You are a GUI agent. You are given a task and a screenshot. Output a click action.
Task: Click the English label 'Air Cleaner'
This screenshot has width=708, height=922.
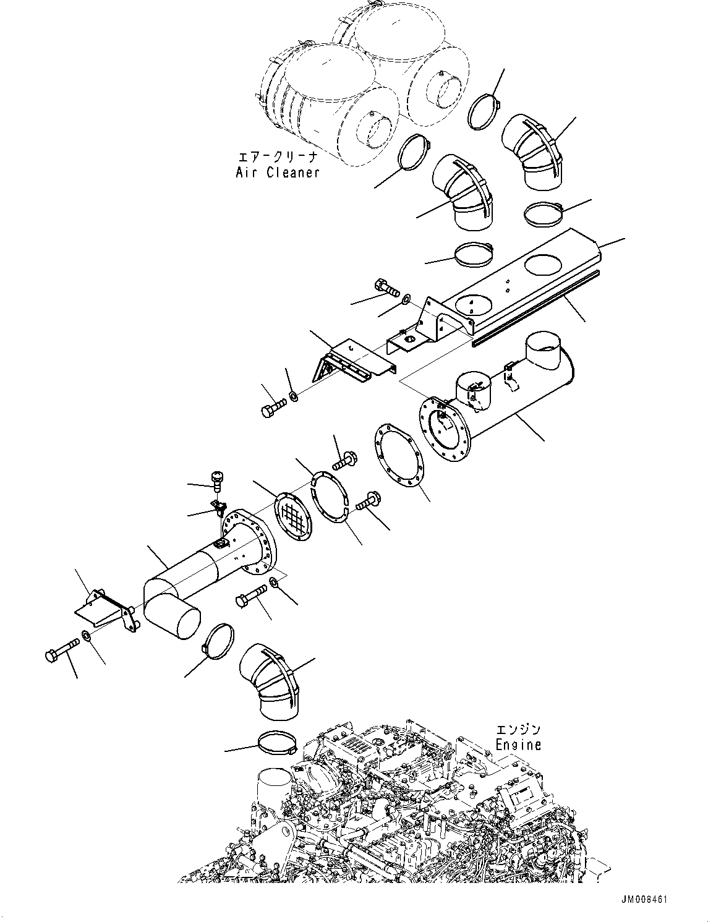[278, 173]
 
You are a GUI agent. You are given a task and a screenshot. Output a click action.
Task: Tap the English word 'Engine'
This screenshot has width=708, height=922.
[518, 745]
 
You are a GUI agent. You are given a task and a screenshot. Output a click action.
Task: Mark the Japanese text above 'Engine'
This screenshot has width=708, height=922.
[518, 730]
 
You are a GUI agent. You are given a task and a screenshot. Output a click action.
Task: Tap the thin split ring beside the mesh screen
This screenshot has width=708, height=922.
[330, 498]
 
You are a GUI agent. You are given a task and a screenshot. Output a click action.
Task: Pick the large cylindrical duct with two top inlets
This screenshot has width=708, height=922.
[513, 396]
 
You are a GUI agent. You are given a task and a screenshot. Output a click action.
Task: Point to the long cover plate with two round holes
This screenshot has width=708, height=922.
[519, 278]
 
